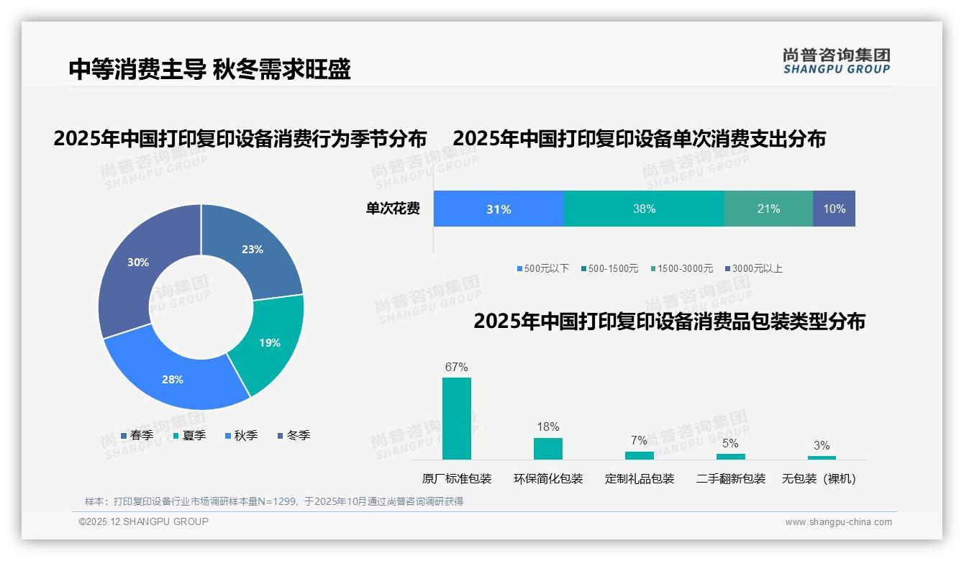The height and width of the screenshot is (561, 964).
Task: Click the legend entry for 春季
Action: pyautogui.click(x=137, y=436)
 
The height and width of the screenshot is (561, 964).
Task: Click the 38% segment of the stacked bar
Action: pyautogui.click(x=644, y=209)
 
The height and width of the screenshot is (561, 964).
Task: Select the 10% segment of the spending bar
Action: pyautogui.click(x=834, y=209)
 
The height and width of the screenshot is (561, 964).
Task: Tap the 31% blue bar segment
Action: pyautogui.click(x=499, y=209)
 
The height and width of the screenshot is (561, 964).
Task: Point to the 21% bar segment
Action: pyautogui.click(x=768, y=209)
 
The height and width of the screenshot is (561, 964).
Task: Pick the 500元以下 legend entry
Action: pyautogui.click(x=542, y=269)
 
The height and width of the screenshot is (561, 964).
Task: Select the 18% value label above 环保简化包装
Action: pyautogui.click(x=548, y=427)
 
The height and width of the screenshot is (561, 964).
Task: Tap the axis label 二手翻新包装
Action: pyautogui.click(x=731, y=479)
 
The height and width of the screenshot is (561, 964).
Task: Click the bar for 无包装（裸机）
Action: pyautogui.click(x=822, y=457)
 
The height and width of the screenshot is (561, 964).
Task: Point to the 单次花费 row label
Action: pyautogui.click(x=393, y=209)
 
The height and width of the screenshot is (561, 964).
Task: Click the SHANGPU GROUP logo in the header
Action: pyautogui.click(x=837, y=61)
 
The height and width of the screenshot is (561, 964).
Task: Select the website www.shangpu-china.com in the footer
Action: pyautogui.click(x=838, y=522)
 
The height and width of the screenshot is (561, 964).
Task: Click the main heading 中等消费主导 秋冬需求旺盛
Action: pyautogui.click(x=209, y=70)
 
